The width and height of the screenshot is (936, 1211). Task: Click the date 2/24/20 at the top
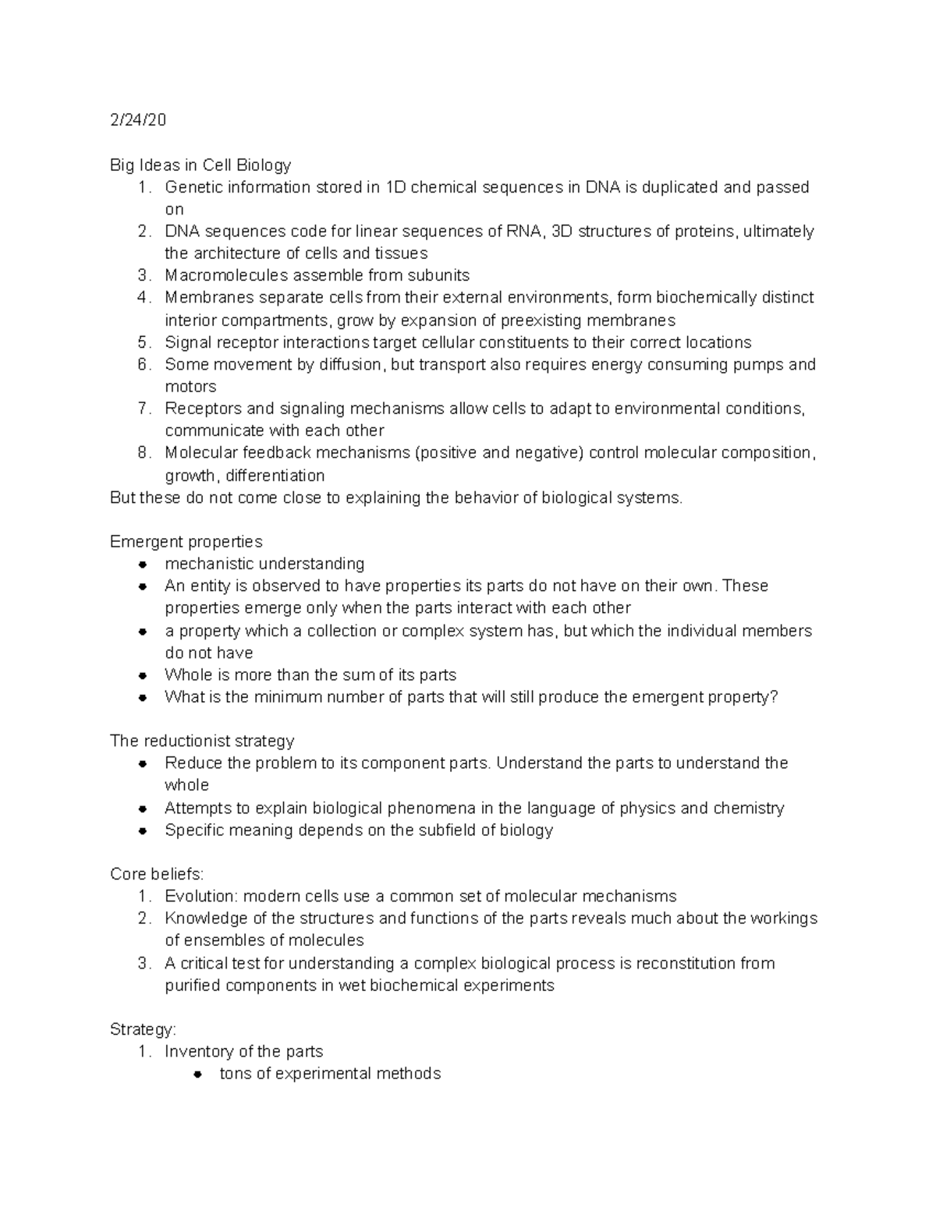(138, 120)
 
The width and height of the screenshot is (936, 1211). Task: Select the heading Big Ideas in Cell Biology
(200, 165)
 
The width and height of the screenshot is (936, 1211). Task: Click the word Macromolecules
(215, 275)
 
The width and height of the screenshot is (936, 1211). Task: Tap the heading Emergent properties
(186, 541)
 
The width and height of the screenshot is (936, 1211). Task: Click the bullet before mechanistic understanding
(143, 564)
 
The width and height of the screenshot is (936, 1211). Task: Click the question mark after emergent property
(774, 696)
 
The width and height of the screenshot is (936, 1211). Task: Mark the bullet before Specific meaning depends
(143, 830)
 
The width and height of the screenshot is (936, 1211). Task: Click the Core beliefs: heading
(157, 874)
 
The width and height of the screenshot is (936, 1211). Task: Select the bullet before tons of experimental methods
(198, 1074)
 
